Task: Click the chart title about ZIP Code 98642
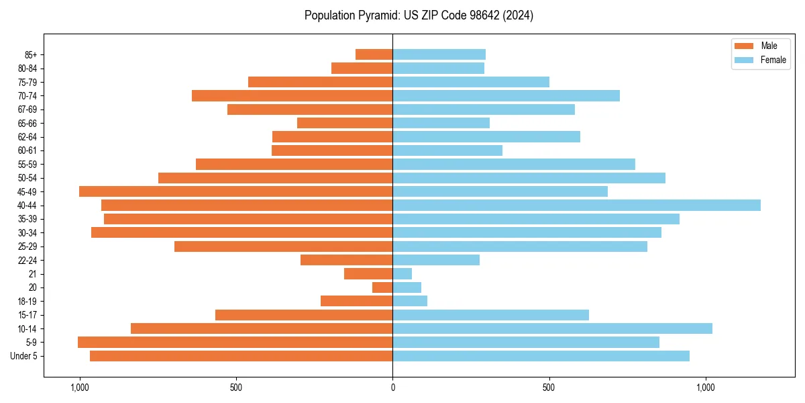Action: pyautogui.click(x=419, y=15)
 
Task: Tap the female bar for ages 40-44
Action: pyautogui.click(x=576, y=205)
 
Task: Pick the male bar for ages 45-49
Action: pyautogui.click(x=235, y=191)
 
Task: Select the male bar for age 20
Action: pyautogui.click(x=382, y=287)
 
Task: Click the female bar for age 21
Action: pyautogui.click(x=402, y=273)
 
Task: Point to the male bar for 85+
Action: pyautogui.click(x=374, y=54)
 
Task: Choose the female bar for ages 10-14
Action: pyautogui.click(x=552, y=328)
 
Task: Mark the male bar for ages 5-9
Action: pyautogui.click(x=235, y=342)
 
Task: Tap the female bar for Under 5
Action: pyautogui.click(x=541, y=356)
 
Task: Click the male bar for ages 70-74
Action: pyautogui.click(x=292, y=95)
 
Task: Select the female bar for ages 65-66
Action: pyautogui.click(x=441, y=123)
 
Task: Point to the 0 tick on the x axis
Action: pyautogui.click(x=392, y=387)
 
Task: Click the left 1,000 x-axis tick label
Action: pyautogui.click(x=79, y=387)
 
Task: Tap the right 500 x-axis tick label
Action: pyautogui.click(x=549, y=387)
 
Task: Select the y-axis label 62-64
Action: pyautogui.click(x=28, y=137)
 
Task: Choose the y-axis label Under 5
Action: pyautogui.click(x=24, y=356)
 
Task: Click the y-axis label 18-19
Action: pyautogui.click(x=28, y=301)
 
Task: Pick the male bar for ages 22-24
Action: pyautogui.click(x=346, y=260)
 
